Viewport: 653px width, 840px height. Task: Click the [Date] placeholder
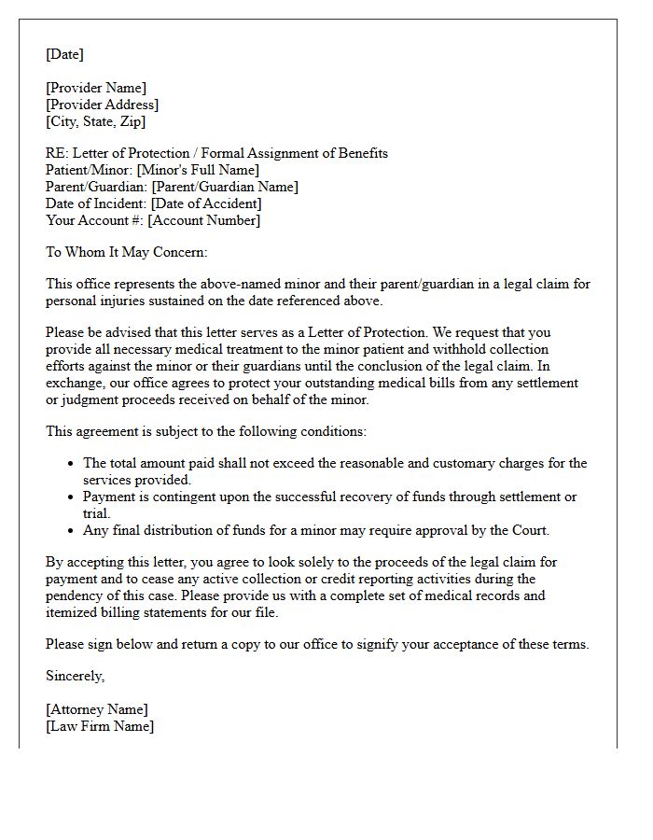64,54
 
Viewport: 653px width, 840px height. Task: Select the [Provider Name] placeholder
96,88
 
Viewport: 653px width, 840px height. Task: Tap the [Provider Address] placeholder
102,105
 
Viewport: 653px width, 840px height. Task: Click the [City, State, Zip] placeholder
95,121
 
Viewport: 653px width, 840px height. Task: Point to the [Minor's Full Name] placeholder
198,170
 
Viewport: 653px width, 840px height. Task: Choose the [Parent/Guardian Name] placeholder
225,187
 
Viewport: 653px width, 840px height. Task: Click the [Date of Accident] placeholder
206,203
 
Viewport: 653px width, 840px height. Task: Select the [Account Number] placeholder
204,220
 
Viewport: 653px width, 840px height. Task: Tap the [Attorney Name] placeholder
97,709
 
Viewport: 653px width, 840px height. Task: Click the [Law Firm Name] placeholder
100,726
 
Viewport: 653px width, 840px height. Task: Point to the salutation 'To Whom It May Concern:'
127,252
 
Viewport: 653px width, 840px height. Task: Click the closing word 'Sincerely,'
76,676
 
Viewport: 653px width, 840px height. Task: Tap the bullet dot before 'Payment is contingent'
72,497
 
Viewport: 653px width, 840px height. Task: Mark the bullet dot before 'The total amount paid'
72,464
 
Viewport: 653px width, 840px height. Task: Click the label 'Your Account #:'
94,220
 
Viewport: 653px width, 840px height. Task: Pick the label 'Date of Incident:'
96,203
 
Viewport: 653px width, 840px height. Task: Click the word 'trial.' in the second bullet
97,513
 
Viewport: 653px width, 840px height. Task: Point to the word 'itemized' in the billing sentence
73,612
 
